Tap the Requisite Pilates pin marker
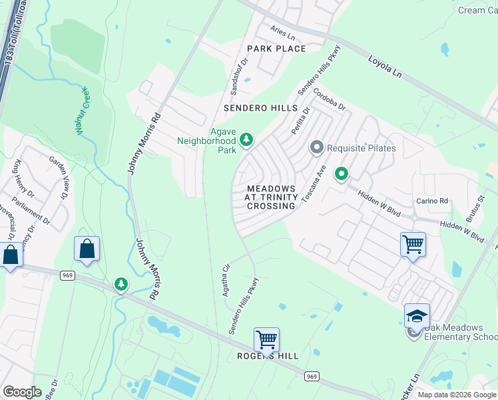tap(317, 147)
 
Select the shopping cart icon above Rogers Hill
tap(266, 339)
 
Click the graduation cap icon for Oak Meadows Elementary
tap(417, 315)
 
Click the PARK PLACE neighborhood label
tap(276, 49)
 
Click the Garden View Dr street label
tap(57, 177)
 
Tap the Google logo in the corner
tap(21, 392)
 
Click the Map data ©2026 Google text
tap(457, 395)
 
